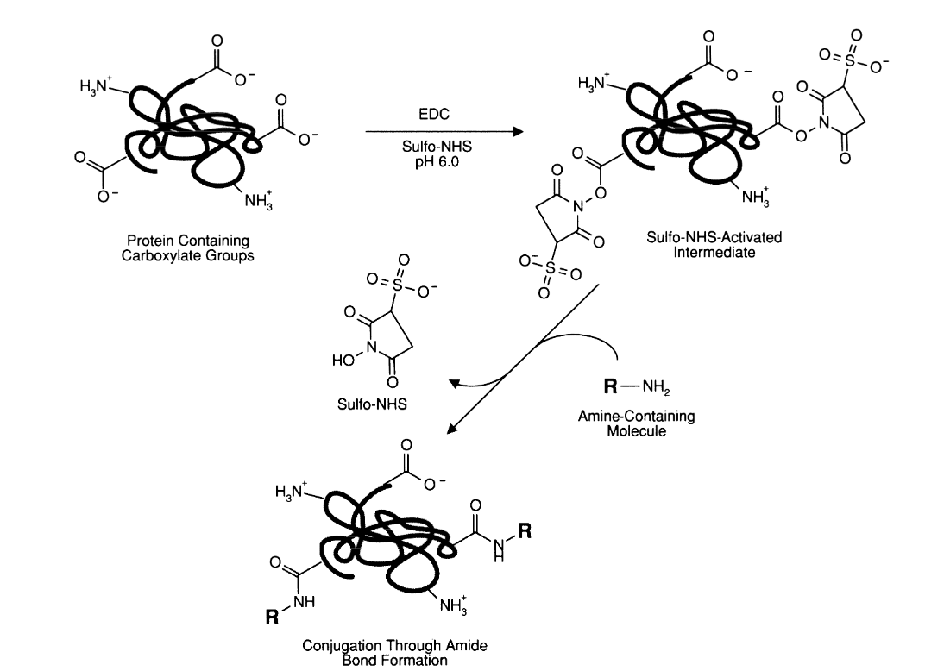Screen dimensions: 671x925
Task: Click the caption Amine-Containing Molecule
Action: pos(636,423)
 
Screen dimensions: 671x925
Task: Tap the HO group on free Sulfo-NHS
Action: pos(342,363)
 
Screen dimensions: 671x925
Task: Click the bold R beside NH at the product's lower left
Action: pos(272,616)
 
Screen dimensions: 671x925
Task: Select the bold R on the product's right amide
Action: pos(525,532)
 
